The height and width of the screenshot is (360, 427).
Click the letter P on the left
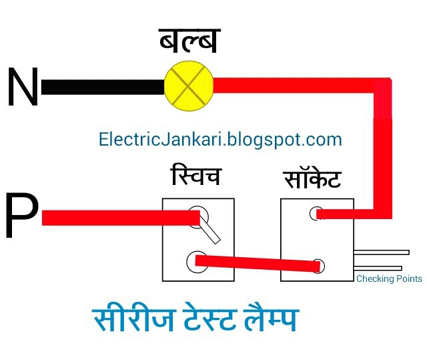click(x=21, y=217)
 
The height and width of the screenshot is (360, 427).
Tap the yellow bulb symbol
click(x=188, y=85)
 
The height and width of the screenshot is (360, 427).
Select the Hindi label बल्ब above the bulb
click(x=189, y=41)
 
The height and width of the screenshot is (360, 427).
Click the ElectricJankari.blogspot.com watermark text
click(x=220, y=140)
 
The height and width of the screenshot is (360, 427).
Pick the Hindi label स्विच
click(x=195, y=178)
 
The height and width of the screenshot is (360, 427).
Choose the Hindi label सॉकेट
click(x=312, y=179)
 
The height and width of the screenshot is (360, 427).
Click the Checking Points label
click(x=389, y=279)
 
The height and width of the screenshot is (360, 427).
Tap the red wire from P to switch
click(x=113, y=218)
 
